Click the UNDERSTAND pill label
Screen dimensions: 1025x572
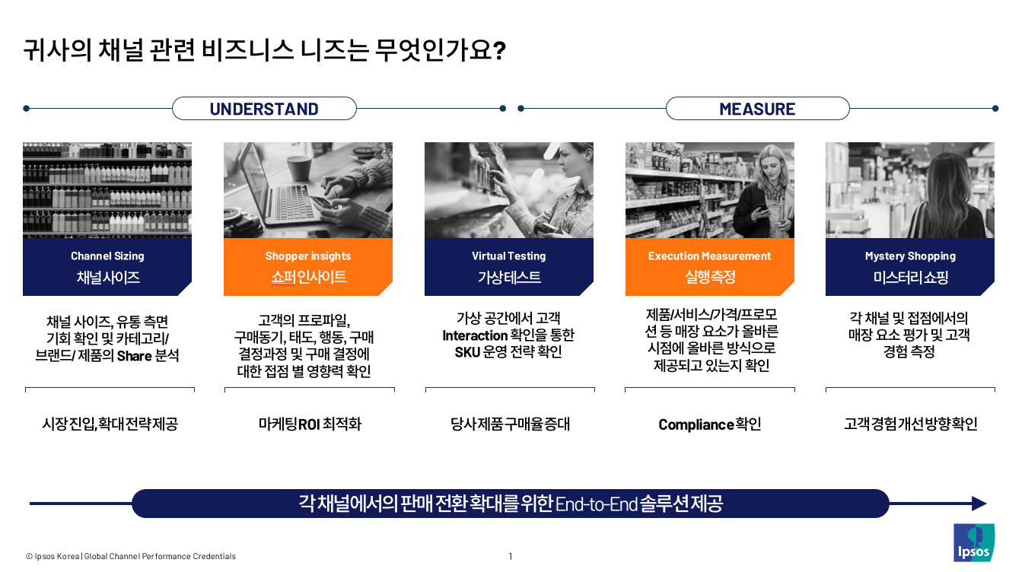264,109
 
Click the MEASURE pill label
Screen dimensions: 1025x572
757,109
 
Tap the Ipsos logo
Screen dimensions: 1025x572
974,543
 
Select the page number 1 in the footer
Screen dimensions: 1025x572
510,557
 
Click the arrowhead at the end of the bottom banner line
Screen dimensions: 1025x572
979,504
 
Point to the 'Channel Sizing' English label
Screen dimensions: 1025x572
107,256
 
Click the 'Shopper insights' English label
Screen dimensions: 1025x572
308,256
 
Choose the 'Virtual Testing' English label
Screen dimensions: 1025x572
509,256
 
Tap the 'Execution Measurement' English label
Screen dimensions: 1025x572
709,256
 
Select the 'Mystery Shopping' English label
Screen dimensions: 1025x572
910,256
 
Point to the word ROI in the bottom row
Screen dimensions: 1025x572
309,424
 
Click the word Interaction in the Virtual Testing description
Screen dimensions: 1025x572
475,335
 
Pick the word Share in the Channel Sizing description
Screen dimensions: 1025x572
134,356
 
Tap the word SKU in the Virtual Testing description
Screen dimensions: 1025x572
467,352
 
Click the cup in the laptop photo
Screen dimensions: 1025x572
299,167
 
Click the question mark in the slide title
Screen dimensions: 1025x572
500,50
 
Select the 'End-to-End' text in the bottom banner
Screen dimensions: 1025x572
597,504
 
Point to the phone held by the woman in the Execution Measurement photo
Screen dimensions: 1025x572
762,208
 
